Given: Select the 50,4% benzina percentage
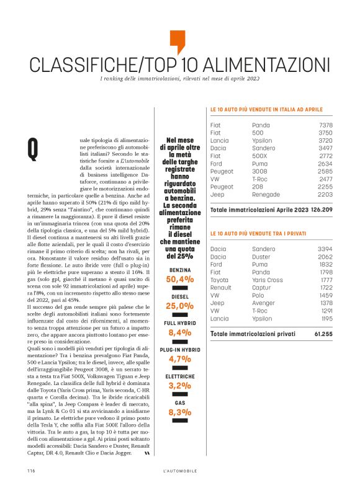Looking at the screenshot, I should (x=179, y=280).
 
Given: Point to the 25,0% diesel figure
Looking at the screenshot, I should (x=179, y=306).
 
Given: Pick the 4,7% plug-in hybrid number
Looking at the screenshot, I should (x=179, y=359).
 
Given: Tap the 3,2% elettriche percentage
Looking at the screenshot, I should (x=179, y=385).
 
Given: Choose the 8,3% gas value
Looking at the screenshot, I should (x=179, y=412).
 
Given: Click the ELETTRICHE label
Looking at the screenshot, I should (x=179, y=376).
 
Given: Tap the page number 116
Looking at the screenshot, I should (x=30, y=471).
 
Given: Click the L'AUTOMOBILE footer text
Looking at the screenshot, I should (x=179, y=471).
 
